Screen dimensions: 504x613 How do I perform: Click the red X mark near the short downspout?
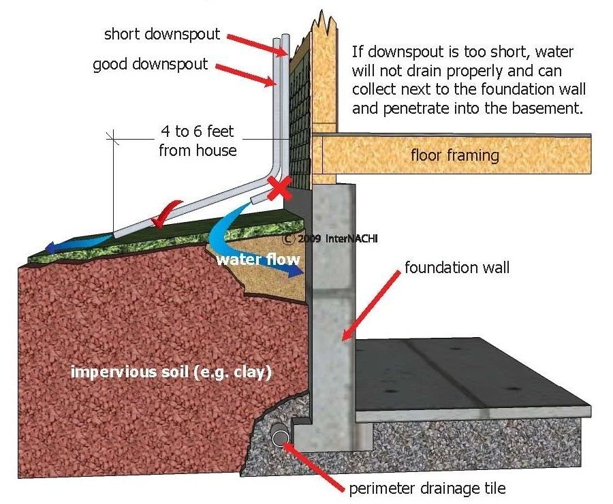(277, 187)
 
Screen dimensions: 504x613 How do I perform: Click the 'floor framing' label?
(454, 155)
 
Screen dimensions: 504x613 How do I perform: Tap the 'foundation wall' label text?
(456, 268)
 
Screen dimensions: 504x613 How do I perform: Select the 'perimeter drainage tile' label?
(427, 488)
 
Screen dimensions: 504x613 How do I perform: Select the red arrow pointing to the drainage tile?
(313, 463)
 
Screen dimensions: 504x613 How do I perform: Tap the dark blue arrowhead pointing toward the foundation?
(292, 272)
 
